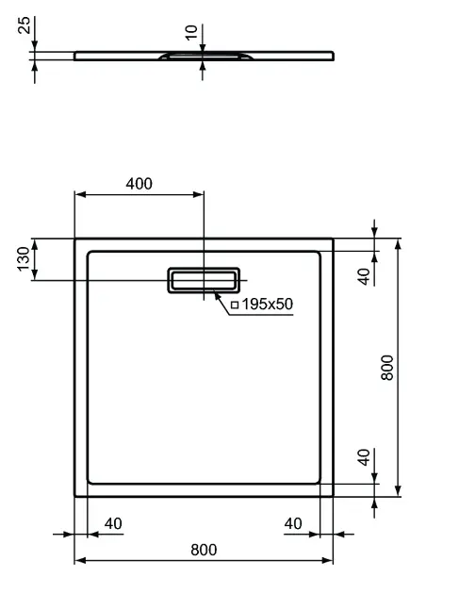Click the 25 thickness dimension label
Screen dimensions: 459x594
coord(25,25)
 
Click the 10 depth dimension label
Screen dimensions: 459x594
coord(191,32)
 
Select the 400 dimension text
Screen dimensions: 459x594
coord(139,184)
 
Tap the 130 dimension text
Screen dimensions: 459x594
coord(24,258)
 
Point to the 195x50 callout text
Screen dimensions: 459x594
coord(268,304)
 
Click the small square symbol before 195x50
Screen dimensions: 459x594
coord(235,305)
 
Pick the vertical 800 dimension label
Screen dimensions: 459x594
coord(387,368)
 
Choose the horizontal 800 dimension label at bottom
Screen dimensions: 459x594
coord(204,550)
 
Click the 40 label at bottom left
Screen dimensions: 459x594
coord(113,523)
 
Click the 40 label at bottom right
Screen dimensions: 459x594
coord(293,523)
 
